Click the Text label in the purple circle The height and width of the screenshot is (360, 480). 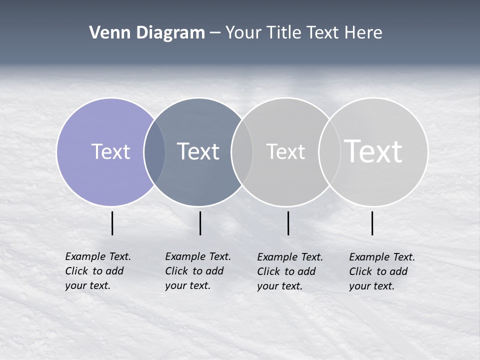point(110,151)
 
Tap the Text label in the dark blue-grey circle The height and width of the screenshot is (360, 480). point(198,151)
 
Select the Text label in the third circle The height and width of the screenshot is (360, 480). point(285,151)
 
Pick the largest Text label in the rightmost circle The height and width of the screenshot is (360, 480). point(373,151)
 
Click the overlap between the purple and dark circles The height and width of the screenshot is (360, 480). point(154,151)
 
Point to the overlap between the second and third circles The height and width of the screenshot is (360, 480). point(242,151)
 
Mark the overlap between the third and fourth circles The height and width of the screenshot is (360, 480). point(329,151)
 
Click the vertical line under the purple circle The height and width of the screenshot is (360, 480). point(112,223)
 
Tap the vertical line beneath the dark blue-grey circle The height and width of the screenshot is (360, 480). point(200,223)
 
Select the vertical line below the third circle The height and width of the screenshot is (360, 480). point(288,223)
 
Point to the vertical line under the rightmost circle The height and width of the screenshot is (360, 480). point(372,223)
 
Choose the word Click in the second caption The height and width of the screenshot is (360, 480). point(176,271)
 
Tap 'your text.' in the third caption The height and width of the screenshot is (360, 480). point(279,286)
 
